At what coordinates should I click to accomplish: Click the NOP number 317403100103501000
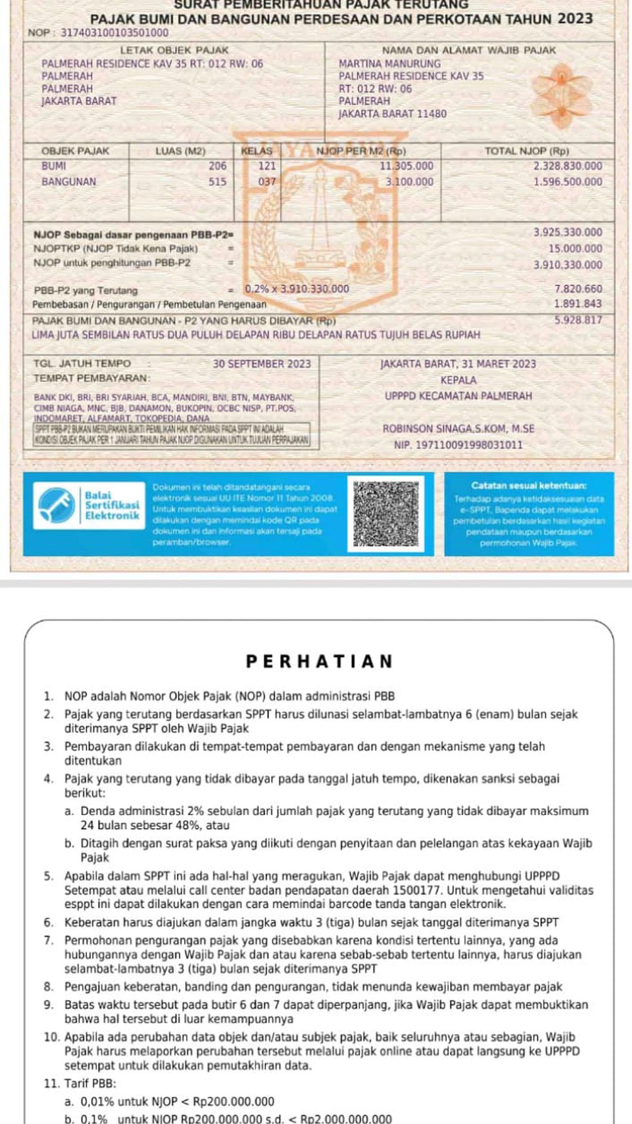pos(114,33)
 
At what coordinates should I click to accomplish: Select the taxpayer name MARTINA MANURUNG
pos(389,64)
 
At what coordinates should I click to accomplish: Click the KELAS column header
pos(256,151)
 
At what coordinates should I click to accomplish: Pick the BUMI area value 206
pos(218,166)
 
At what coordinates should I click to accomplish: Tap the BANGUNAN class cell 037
pos(267,182)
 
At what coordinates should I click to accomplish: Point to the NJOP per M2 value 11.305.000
pos(406,166)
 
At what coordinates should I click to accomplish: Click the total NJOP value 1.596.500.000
pos(567,182)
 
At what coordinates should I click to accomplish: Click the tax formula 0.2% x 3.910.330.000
pos(297,289)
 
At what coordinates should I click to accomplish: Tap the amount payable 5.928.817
pos(578,320)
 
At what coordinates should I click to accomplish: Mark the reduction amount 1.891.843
pos(578,304)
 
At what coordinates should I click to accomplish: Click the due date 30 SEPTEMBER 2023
pos(261,364)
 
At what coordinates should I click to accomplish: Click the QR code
pos(385,514)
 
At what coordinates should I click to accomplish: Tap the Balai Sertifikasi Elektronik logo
pos(89,506)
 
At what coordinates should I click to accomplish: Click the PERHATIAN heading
pos(319,661)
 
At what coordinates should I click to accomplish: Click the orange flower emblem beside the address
pos(562,96)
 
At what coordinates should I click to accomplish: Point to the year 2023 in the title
pos(575,19)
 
